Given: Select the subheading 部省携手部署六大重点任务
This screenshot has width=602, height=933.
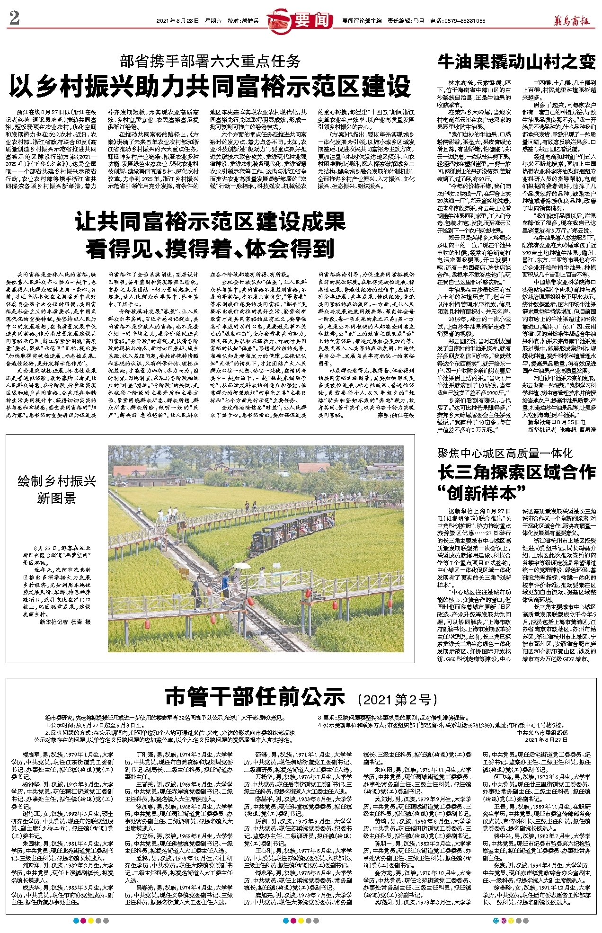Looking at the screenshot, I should click(x=210, y=61).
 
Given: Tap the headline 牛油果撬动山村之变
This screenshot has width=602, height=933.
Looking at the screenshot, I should click(x=516, y=62).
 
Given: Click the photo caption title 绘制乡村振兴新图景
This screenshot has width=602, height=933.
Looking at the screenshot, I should click(x=57, y=489).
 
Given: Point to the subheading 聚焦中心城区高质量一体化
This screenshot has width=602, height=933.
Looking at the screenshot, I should click(x=505, y=453).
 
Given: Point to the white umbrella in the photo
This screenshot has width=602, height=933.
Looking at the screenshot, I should click(x=241, y=565).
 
